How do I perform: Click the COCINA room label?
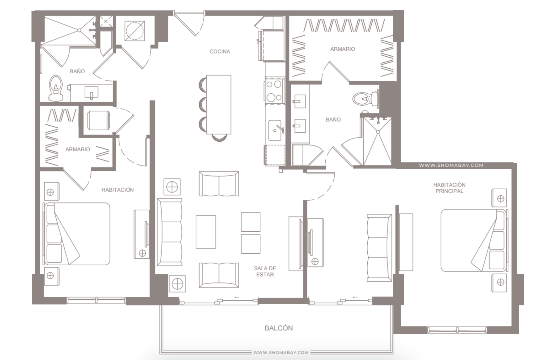(220, 51)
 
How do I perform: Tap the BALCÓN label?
(279, 328)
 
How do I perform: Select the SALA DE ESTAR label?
(265, 271)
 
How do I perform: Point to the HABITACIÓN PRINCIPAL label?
(449, 188)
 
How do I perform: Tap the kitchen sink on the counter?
(275, 130)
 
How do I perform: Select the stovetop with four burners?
(274, 91)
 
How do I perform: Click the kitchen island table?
(219, 104)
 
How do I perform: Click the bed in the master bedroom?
(474, 240)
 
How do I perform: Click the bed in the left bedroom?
(77, 234)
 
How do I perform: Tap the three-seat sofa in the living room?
(169, 232)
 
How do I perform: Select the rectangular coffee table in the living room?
(206, 232)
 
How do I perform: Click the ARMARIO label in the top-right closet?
(342, 49)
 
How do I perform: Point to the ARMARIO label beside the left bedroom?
(78, 149)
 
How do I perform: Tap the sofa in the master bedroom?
(379, 248)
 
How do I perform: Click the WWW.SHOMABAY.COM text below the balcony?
(281, 352)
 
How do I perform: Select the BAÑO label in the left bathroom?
(77, 71)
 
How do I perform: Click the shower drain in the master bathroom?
(378, 132)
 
